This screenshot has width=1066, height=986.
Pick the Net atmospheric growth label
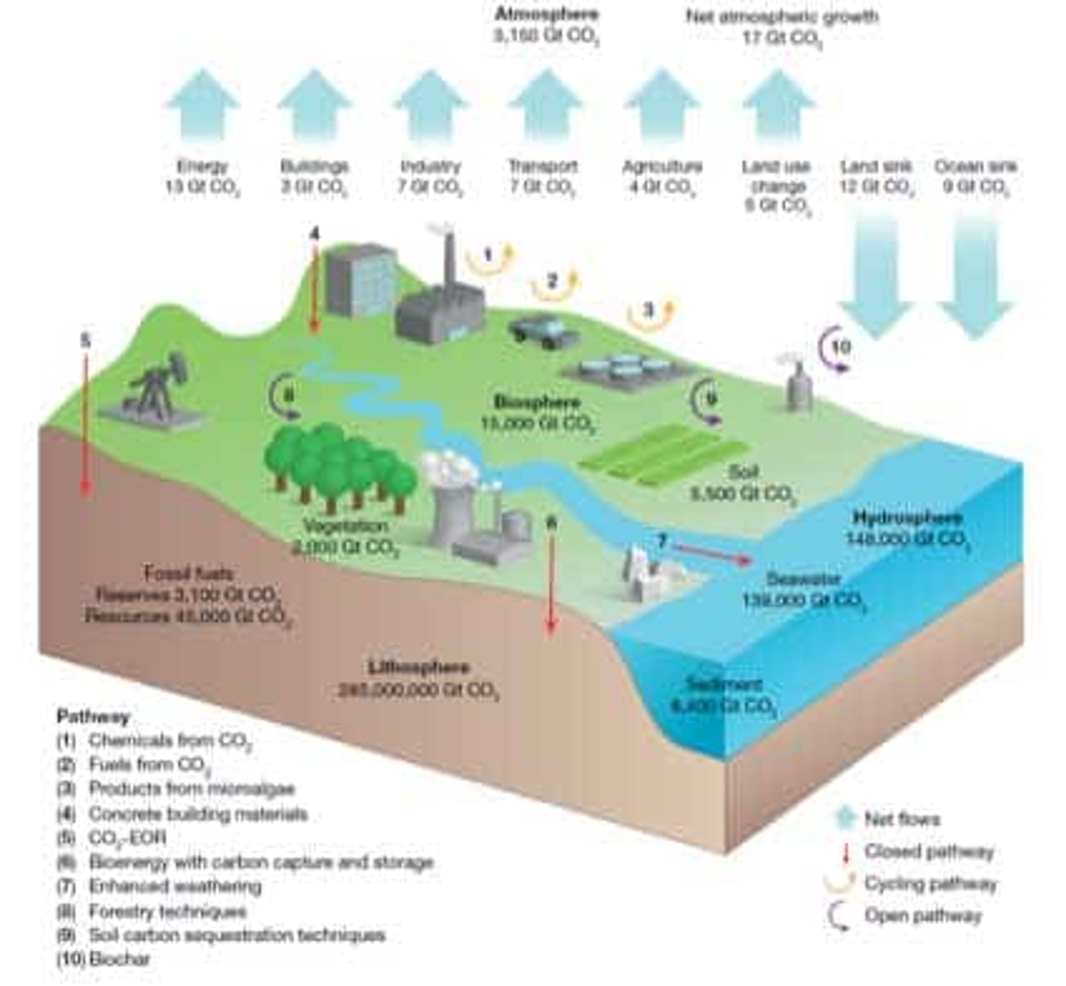[x=782, y=17]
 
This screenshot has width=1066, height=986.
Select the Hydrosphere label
[x=907, y=518]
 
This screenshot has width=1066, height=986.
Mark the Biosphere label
[x=536, y=401]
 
